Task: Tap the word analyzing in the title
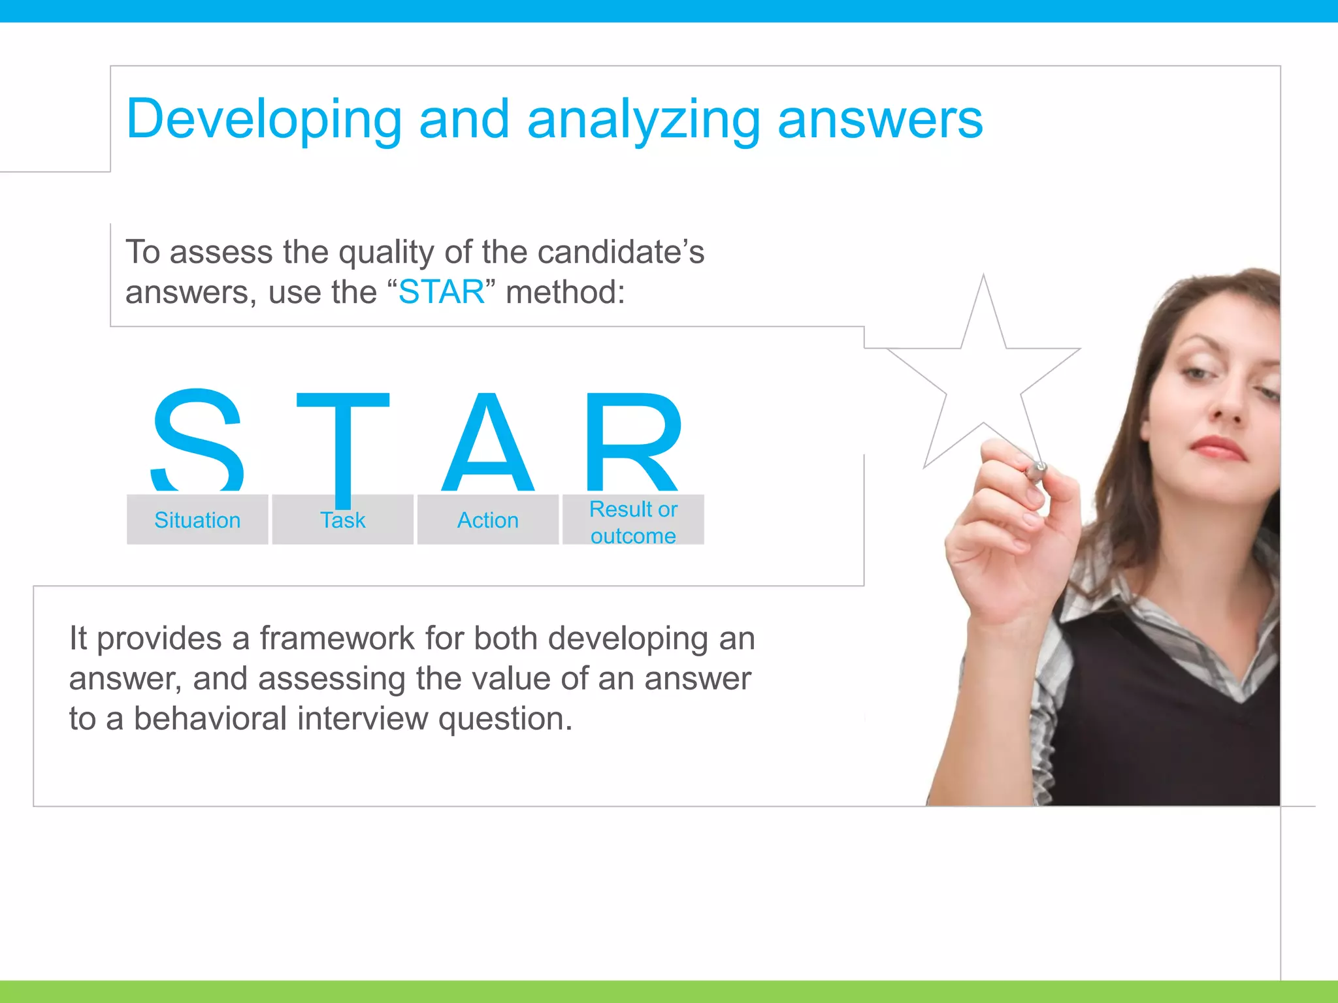tap(644, 119)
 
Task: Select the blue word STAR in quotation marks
tap(442, 292)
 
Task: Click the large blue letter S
tap(198, 439)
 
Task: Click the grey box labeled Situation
tap(197, 520)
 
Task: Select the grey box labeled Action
tap(488, 520)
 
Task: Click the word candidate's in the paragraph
tap(621, 252)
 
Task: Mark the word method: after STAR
tap(565, 292)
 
